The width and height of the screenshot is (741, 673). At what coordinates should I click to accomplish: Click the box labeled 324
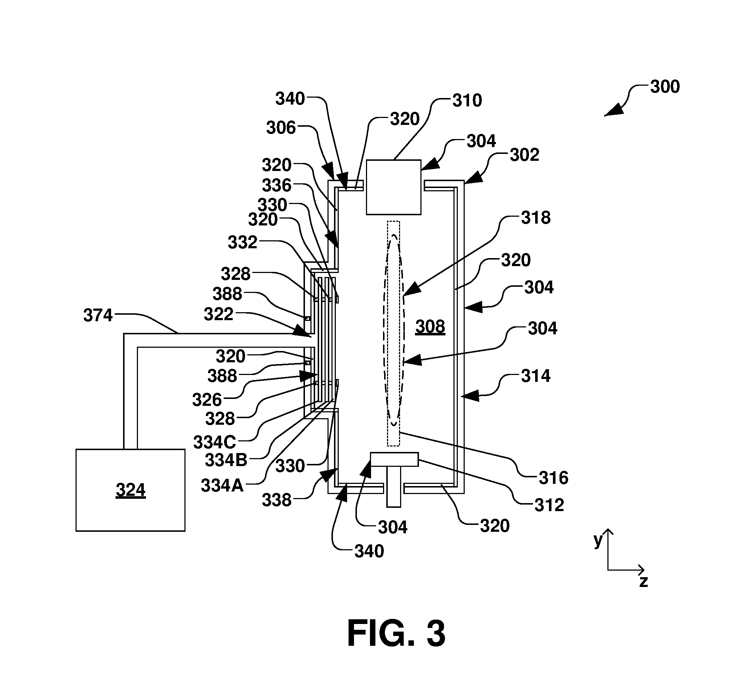click(x=130, y=490)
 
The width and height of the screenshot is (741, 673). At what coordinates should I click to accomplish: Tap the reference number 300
click(x=665, y=87)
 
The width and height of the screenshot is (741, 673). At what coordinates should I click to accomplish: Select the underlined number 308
click(x=430, y=326)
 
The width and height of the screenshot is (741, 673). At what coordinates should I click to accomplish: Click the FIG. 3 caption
click(x=396, y=633)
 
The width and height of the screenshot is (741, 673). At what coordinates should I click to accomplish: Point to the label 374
click(x=98, y=315)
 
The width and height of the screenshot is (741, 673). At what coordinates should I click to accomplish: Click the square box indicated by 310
click(x=394, y=187)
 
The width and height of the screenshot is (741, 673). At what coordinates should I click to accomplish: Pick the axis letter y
click(x=598, y=541)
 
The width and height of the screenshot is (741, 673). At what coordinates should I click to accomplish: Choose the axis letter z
click(x=643, y=582)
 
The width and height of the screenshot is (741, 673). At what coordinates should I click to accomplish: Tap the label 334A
click(x=223, y=486)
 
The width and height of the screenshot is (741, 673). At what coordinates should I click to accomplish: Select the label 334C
click(x=215, y=442)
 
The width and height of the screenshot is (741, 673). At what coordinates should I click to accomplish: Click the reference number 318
click(x=536, y=218)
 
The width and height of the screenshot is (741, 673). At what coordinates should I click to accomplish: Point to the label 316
click(x=554, y=478)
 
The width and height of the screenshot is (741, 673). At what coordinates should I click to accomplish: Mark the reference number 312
click(x=549, y=505)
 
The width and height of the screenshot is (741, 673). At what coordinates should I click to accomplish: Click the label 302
click(x=525, y=155)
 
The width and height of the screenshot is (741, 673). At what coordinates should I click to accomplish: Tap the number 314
click(x=536, y=376)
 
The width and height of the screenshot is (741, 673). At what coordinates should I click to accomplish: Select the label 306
click(x=281, y=128)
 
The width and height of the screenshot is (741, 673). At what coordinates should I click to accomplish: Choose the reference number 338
click(x=277, y=500)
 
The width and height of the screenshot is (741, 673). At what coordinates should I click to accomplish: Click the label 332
click(x=243, y=242)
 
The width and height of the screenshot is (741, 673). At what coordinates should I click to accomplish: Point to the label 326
click(x=207, y=400)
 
